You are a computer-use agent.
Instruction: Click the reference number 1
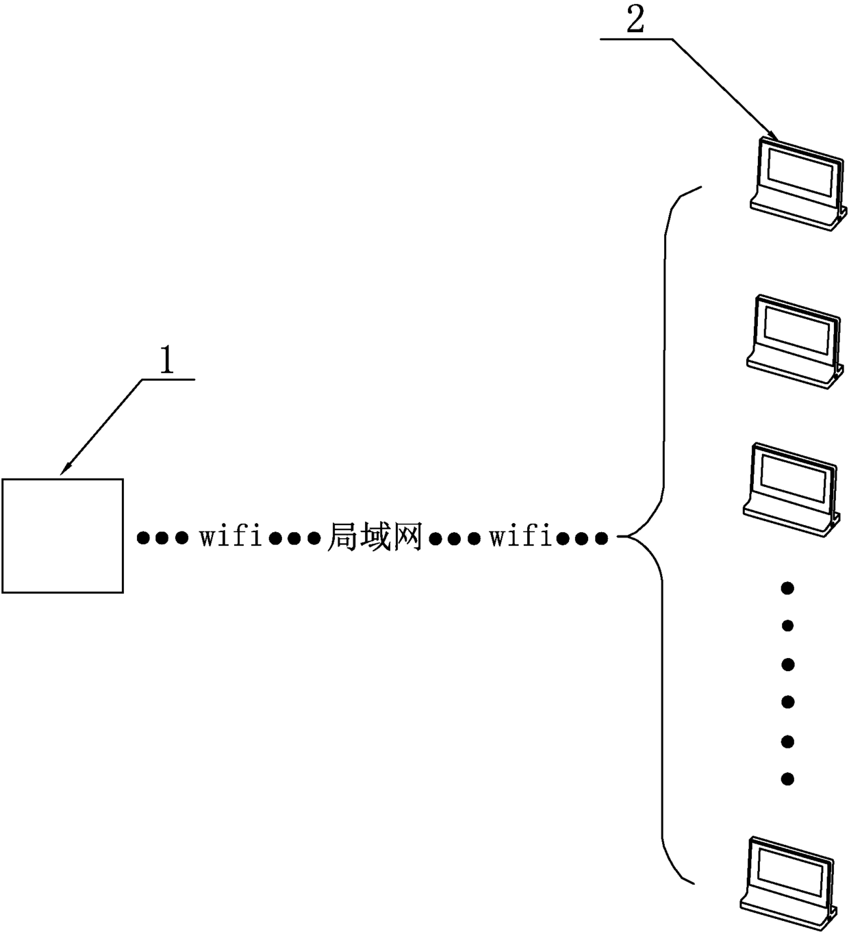[166, 361]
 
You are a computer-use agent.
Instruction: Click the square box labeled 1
[62, 535]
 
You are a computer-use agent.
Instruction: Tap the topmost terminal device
[798, 184]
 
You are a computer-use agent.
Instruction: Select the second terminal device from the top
[795, 342]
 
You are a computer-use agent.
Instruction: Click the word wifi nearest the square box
[231, 538]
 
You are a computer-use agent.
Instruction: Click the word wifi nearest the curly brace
[521, 538]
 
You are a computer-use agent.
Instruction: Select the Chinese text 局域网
[375, 538]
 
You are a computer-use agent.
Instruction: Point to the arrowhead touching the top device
[774, 136]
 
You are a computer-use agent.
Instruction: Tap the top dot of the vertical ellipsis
[787, 588]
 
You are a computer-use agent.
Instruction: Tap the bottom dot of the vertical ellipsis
[787, 779]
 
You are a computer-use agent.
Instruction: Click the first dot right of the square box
[143, 538]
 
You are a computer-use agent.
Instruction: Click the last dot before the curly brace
[602, 538]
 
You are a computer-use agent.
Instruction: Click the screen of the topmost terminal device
[800, 171]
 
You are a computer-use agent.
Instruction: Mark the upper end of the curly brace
[700, 187]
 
